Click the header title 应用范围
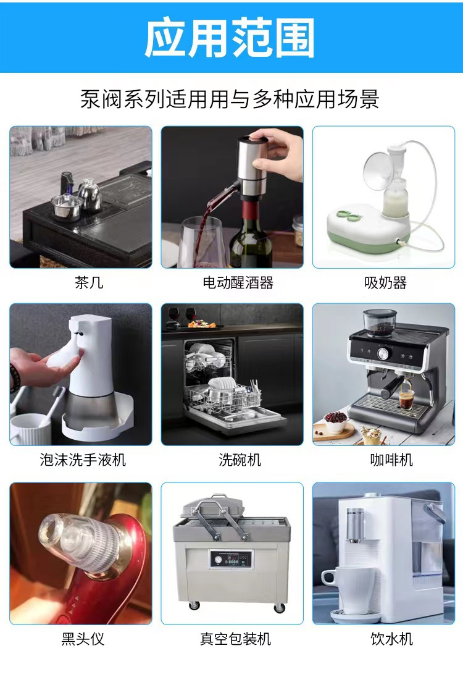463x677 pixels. click(x=230, y=38)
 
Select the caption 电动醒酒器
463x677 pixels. click(x=238, y=283)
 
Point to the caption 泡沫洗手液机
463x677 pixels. click(x=83, y=460)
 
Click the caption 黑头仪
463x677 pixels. click(x=83, y=639)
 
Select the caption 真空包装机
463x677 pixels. click(x=235, y=639)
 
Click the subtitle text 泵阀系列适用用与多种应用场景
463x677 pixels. click(x=230, y=98)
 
